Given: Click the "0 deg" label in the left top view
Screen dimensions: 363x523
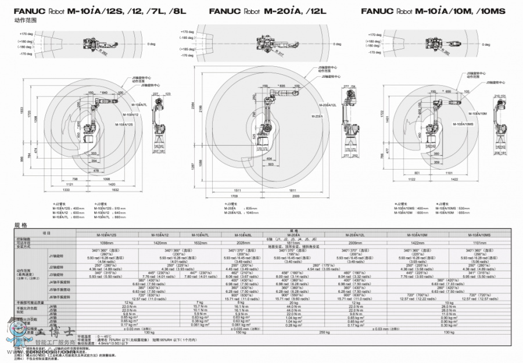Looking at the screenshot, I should pos(151,44).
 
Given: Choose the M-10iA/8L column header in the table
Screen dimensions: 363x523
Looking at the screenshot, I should pos(242,234).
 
